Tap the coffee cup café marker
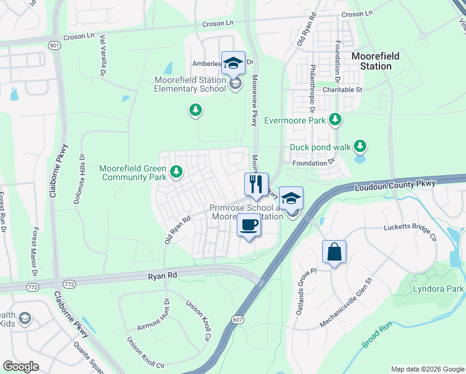click(x=249, y=225)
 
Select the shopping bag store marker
click(x=334, y=252)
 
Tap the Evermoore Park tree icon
click(x=336, y=118)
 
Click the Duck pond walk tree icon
click(x=359, y=146)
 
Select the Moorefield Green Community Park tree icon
click(x=176, y=170)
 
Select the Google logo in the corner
click(x=21, y=366)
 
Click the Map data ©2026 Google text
click(x=427, y=369)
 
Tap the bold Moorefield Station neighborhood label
click(x=375, y=61)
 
